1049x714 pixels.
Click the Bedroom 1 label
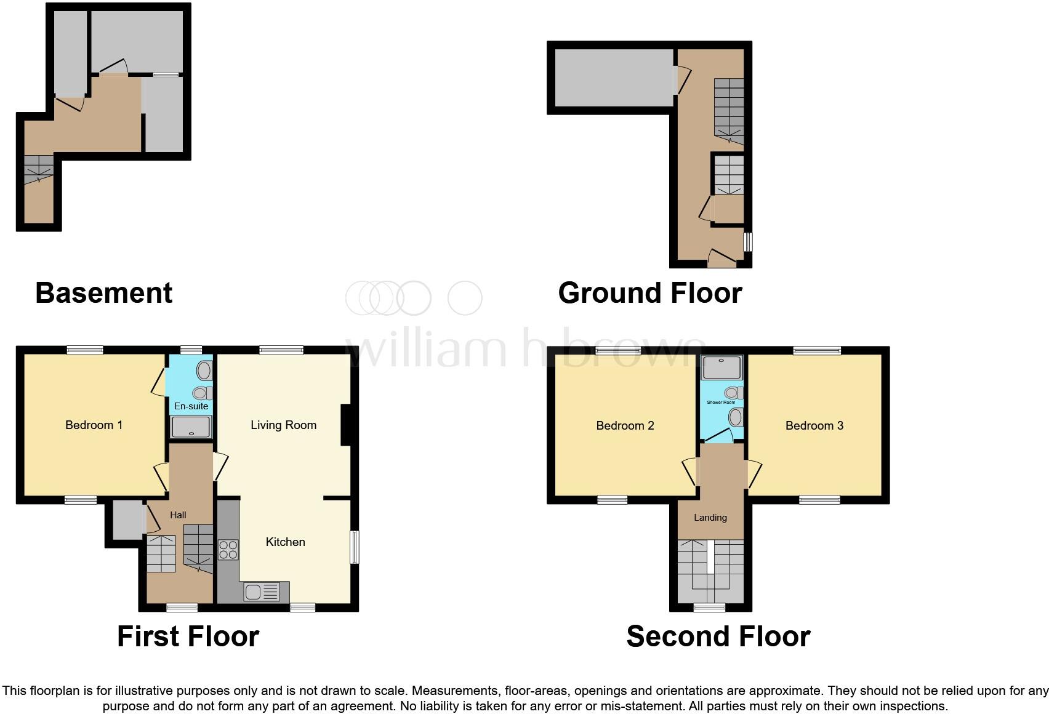click(94, 425)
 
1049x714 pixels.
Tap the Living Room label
click(283, 425)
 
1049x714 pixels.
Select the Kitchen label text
click(285, 542)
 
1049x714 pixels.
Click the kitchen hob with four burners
click(228, 549)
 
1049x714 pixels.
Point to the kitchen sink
click(262, 592)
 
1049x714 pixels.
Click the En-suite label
click(191, 406)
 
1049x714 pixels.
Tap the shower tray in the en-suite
click(191, 427)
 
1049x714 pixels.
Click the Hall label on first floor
click(178, 515)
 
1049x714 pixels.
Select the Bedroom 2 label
click(625, 425)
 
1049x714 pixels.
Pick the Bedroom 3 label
click(814, 425)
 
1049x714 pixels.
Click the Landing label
click(710, 518)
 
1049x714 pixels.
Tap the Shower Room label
click(721, 403)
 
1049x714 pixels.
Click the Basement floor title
click(104, 293)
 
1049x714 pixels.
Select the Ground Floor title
click(650, 293)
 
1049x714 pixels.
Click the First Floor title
click(188, 636)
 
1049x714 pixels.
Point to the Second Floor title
click(718, 636)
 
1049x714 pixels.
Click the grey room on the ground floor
click(613, 78)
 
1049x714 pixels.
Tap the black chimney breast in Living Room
click(346, 425)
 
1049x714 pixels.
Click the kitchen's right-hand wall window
click(355, 547)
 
